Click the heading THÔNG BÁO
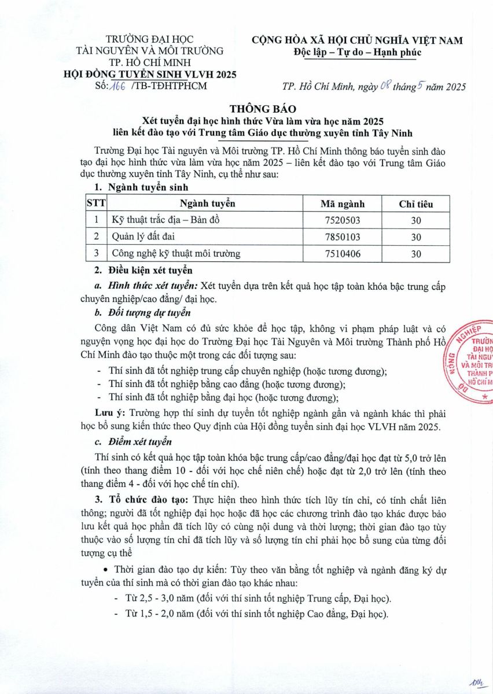[246, 109]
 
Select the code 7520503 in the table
[343, 220]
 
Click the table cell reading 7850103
[343, 237]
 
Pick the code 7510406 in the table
[343, 253]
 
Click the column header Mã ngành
[343, 204]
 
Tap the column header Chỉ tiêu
[415, 204]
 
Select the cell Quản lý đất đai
[139, 237]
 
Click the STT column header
[95, 204]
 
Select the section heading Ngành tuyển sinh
[145, 187]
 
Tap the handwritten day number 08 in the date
[387, 87]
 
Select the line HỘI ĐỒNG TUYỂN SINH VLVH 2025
[149, 74]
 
